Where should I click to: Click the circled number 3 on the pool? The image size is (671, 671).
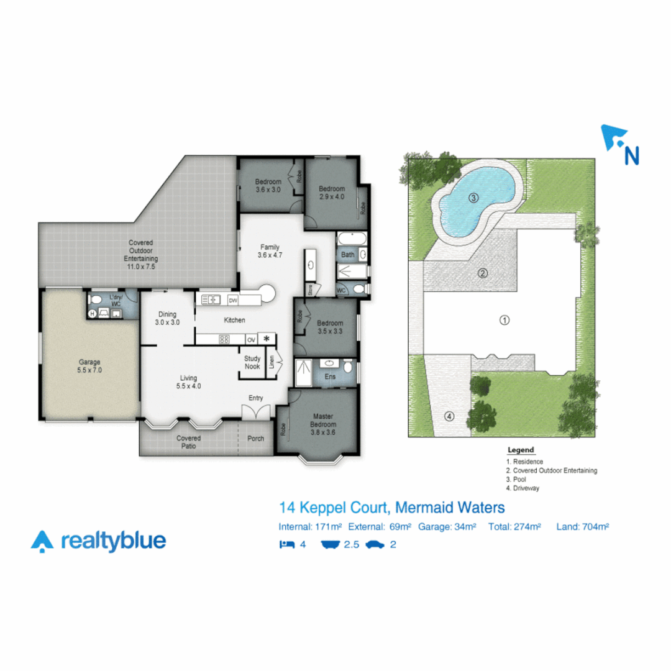click(x=473, y=198)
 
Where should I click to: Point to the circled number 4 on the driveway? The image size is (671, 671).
click(x=449, y=416)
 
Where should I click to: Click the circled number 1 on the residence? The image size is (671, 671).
click(x=504, y=320)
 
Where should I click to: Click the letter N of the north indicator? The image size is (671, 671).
click(x=631, y=155)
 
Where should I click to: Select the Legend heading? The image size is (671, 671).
click(x=521, y=450)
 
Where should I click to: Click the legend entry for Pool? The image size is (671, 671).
click(x=516, y=480)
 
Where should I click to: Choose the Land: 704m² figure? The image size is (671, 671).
click(x=582, y=527)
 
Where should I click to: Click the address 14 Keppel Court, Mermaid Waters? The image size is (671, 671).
click(x=392, y=508)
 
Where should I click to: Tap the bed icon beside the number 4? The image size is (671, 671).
click(x=286, y=544)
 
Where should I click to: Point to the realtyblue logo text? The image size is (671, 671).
click(x=113, y=541)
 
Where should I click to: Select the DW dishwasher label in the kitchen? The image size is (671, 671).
click(x=233, y=301)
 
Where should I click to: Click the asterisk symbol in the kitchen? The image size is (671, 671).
click(x=267, y=339)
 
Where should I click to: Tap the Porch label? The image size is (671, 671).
click(x=255, y=438)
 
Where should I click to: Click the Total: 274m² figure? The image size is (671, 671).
click(x=514, y=527)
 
